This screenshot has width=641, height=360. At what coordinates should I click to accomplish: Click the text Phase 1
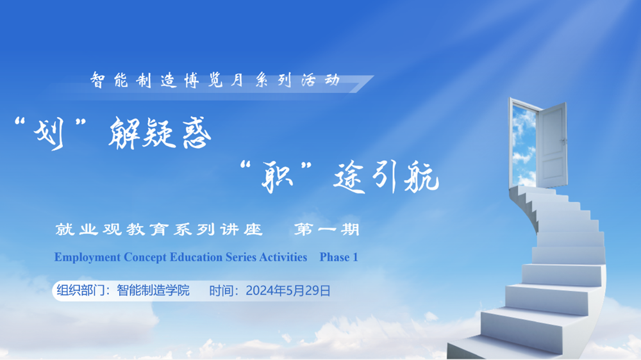click(x=338, y=258)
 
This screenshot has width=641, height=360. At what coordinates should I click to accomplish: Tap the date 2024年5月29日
click(x=288, y=291)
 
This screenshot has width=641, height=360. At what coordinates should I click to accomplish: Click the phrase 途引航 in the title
click(x=385, y=177)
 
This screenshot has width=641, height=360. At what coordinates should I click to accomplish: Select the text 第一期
click(x=326, y=229)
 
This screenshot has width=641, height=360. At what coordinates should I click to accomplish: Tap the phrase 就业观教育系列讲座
click(x=160, y=229)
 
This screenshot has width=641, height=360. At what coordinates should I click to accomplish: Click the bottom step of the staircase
click(x=494, y=348)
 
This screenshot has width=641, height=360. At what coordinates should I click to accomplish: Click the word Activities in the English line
click(x=283, y=258)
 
